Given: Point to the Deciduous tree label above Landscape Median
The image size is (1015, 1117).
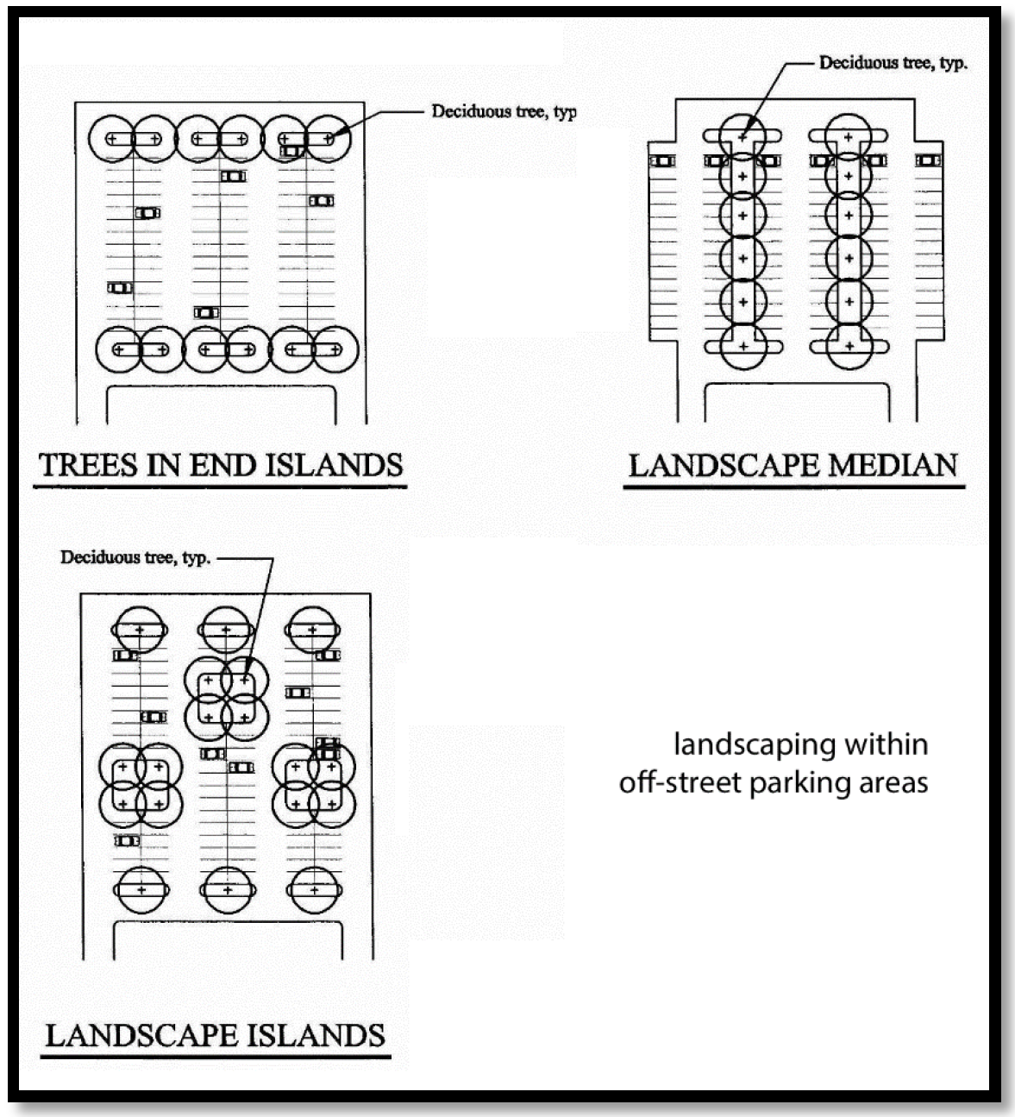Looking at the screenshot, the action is (893, 63).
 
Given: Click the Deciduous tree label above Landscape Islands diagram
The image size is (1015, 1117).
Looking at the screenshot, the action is (135, 557).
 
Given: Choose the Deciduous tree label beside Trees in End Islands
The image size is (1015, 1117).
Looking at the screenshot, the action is (504, 111).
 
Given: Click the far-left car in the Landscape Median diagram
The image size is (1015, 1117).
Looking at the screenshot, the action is (662, 160).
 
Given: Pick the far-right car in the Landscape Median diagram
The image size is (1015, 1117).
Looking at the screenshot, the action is (928, 160).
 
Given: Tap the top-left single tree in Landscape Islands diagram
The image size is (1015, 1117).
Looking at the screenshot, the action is (139, 631).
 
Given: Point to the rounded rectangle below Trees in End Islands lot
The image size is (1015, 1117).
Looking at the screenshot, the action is (221, 405).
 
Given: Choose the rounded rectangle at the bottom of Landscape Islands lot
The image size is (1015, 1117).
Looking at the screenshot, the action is (229, 940).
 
